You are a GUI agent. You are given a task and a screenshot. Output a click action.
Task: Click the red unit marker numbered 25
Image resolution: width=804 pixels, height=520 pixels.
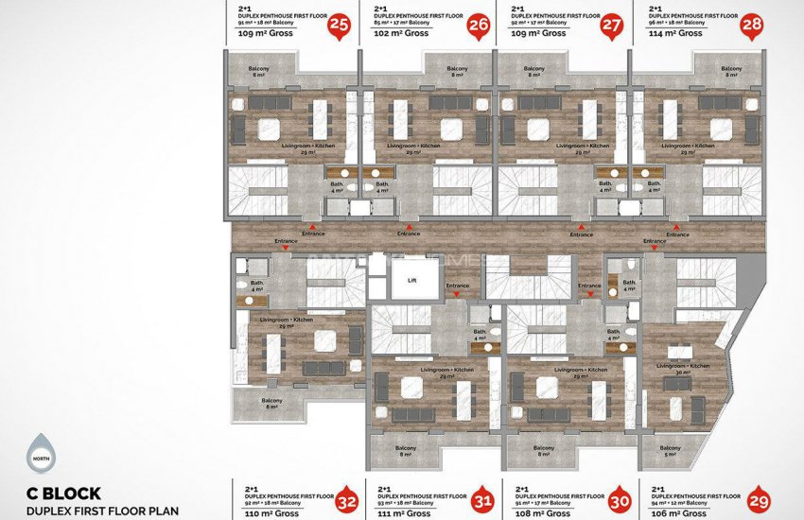point(338,26)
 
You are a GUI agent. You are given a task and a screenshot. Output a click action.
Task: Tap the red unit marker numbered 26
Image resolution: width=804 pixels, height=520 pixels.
point(479,26)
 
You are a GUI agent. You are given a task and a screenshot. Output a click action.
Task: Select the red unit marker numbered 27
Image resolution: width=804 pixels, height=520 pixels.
point(613,26)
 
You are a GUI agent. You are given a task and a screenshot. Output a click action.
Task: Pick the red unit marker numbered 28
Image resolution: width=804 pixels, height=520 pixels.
point(753,26)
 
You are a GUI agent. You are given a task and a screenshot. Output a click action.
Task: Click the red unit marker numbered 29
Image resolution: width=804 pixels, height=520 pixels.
point(759,501)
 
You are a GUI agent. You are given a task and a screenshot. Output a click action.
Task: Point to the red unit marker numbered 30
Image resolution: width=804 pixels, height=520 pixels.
point(620,501)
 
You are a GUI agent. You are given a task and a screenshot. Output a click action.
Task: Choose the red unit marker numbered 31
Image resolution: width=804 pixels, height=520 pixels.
point(482,501)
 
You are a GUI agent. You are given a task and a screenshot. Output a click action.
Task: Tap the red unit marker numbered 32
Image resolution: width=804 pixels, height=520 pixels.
point(347,501)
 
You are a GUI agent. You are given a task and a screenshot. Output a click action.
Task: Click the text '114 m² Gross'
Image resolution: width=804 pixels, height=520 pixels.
point(676,34)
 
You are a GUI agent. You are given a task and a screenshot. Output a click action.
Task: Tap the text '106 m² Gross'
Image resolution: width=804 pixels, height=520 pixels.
point(680,513)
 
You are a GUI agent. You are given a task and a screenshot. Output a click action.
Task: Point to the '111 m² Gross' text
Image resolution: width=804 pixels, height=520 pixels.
point(404,513)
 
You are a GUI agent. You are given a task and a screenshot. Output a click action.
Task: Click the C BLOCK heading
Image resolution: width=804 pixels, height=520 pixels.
point(64,493)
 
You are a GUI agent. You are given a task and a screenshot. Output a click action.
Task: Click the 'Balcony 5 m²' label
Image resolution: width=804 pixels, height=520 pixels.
point(669,451)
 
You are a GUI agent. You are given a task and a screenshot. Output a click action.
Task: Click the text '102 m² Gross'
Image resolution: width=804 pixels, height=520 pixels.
point(402,34)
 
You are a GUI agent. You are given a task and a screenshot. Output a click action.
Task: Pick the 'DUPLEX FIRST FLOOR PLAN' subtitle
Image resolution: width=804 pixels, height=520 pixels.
point(103,511)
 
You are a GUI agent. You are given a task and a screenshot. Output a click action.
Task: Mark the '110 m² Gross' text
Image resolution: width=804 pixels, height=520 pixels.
point(268,513)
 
